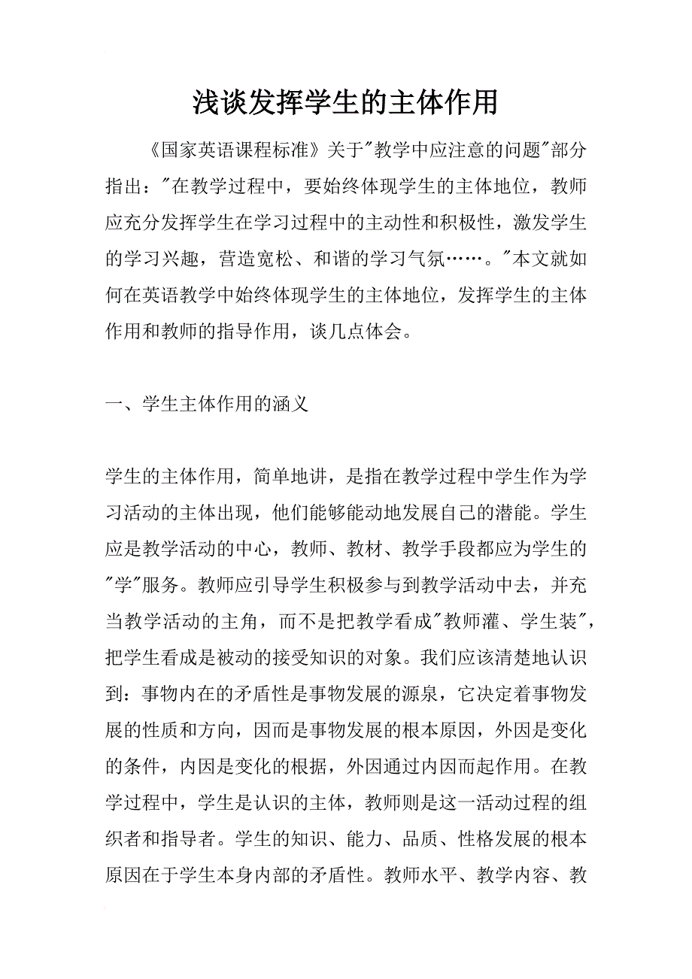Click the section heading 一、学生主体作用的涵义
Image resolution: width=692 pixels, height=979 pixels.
pos(207,405)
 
